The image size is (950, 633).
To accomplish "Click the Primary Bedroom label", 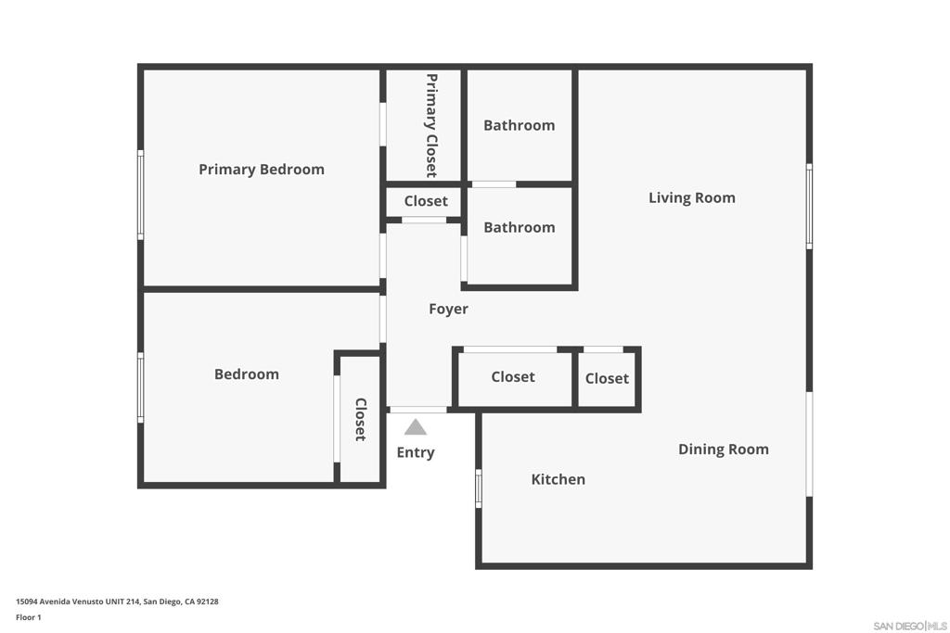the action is [x=261, y=170].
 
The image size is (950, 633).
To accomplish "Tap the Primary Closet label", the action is [x=431, y=125].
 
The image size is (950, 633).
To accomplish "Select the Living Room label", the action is [x=692, y=198].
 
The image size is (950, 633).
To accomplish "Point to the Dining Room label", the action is [x=724, y=449].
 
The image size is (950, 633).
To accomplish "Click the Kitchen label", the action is [x=558, y=479].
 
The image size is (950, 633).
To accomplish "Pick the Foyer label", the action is [x=448, y=310].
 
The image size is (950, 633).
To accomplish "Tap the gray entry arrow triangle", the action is [x=415, y=427].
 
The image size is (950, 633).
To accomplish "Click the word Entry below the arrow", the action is [x=416, y=452].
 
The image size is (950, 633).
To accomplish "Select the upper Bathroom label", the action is [x=520, y=125].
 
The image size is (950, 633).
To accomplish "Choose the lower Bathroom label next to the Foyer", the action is [x=520, y=228].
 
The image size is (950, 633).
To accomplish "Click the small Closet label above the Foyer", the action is [x=426, y=201].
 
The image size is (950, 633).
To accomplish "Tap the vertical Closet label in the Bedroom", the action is [x=361, y=420].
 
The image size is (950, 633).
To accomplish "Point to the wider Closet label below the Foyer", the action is [x=513, y=377].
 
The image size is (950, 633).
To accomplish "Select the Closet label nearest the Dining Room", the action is [x=607, y=379].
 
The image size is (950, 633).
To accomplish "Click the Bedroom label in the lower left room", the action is [x=247, y=374].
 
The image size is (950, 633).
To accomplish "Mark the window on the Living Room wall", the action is [x=809, y=206].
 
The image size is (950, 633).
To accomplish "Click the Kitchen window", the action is [x=479, y=488].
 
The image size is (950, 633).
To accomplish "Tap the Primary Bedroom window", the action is [x=141, y=195].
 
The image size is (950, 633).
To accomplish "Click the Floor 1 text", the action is [x=29, y=617].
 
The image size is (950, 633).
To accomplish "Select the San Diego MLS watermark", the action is [x=910, y=626].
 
